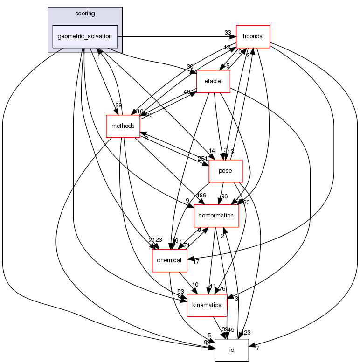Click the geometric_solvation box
click(x=85, y=36)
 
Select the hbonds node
click(x=253, y=36)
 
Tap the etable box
click(x=213, y=82)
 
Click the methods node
click(x=123, y=126)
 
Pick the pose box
click(x=226, y=171)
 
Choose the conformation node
click(x=216, y=215)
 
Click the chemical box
click(x=170, y=260)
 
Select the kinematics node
click(x=207, y=305)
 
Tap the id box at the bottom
click(x=231, y=350)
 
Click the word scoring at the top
click(x=85, y=14)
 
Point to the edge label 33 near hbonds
click(x=228, y=33)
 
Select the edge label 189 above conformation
click(x=201, y=195)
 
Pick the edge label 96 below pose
click(x=224, y=196)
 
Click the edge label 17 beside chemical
click(x=196, y=262)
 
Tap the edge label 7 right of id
click(x=257, y=348)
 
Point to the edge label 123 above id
click(x=246, y=333)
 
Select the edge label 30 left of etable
click(x=190, y=66)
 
